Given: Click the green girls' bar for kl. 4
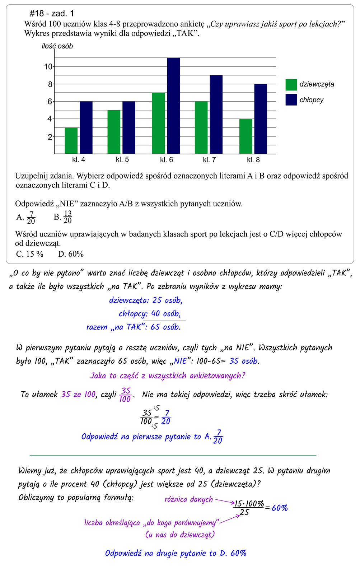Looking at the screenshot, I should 71,141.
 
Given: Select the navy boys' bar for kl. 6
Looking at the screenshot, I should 173,106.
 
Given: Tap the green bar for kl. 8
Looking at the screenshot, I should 246,136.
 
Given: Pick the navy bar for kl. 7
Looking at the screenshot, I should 216,115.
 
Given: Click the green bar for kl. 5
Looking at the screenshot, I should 114,132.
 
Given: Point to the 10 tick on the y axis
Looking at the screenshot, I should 48,67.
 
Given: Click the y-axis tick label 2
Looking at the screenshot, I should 50,137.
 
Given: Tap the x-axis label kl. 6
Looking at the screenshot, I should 167,160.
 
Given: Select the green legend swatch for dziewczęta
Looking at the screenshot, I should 291,85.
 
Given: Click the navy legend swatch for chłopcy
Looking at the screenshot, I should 291,100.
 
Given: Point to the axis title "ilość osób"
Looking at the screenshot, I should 57,46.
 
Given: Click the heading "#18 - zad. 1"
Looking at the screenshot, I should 52,14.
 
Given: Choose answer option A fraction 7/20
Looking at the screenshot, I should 27,217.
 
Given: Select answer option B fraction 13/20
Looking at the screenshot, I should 63,217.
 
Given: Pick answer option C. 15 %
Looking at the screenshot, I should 30,254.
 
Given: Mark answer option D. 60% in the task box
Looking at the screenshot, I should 71,254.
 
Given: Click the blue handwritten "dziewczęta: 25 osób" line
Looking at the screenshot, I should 146,300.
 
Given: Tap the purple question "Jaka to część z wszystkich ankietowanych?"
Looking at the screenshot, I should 168,376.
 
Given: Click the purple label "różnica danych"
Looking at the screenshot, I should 189,499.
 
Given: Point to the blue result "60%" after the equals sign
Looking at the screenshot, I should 280,508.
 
